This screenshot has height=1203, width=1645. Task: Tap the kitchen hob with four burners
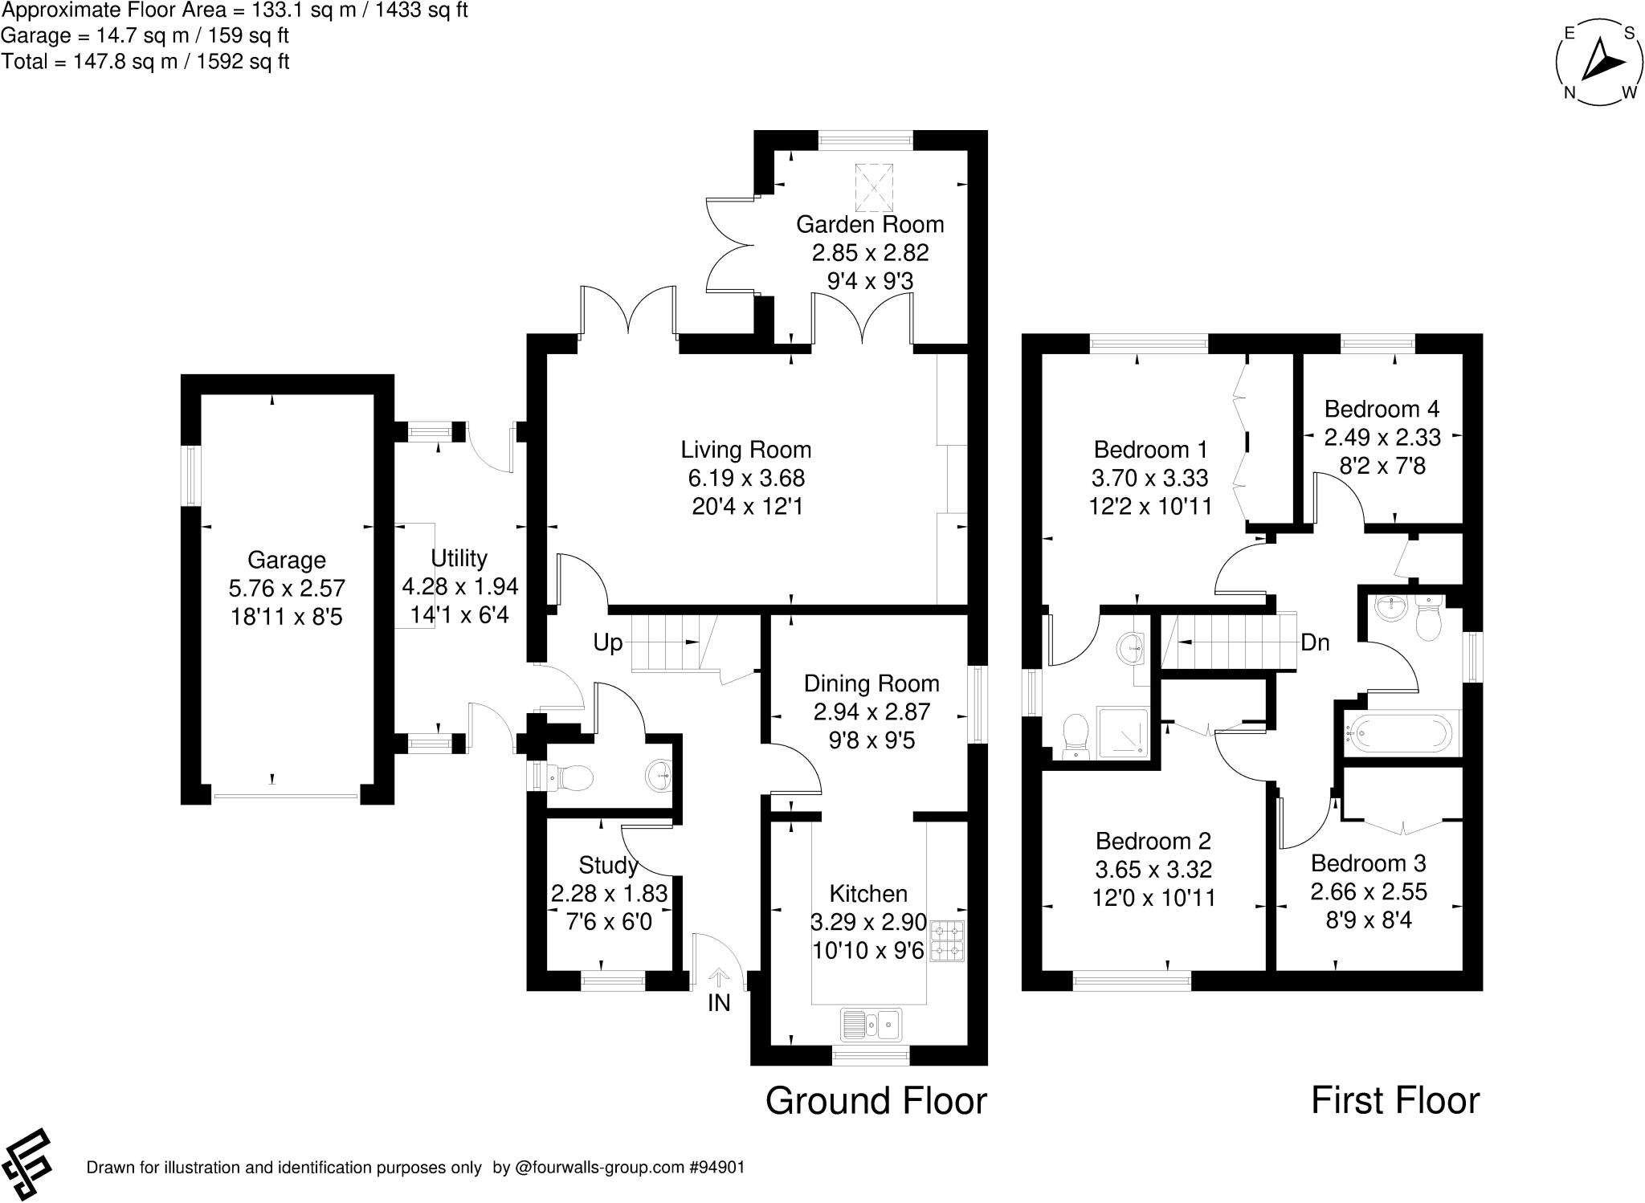[947, 941]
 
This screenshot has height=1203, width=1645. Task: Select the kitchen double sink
[871, 1024]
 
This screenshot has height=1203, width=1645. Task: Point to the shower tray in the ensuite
[1124, 732]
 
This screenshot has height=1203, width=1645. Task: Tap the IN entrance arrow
[719, 977]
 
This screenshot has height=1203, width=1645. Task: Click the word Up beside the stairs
[608, 642]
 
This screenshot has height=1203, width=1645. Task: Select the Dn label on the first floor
[1315, 642]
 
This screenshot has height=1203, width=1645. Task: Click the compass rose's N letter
[1569, 92]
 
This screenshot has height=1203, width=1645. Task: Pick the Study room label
[608, 865]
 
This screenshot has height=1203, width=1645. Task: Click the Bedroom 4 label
[1382, 409]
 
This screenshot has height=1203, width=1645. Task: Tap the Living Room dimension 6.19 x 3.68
[746, 478]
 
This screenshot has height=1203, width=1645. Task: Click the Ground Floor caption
[876, 1100]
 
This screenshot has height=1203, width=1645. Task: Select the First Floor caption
[1395, 1100]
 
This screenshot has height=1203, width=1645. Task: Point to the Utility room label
[459, 558]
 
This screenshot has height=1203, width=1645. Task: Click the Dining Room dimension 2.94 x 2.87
[871, 712]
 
